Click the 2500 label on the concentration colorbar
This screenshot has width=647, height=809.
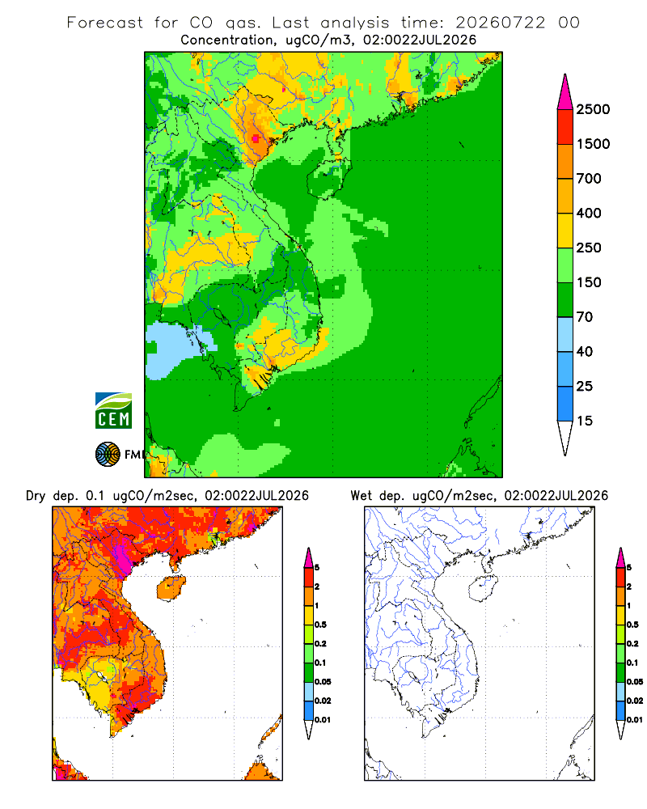pos(593,109)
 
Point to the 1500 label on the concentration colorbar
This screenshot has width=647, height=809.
pos(593,144)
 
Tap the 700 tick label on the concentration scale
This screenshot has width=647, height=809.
pos(589,179)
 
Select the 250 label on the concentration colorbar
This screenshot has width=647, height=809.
pos(589,248)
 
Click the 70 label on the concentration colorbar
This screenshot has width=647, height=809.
pos(585,317)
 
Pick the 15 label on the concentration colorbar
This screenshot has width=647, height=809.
pos(585,421)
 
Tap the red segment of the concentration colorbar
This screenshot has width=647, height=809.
pos(565,127)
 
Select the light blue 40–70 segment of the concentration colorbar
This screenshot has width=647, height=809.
pos(565,334)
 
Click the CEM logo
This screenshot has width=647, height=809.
pos(113,411)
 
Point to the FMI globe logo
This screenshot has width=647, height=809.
pos(108,455)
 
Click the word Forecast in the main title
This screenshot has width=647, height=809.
pos(105,23)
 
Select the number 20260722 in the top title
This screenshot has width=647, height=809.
pos(500,23)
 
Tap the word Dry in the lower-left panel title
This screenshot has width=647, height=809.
pos(36,496)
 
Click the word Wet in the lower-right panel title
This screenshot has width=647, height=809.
pos(362,496)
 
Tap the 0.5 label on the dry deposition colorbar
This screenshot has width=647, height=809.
pos(320,625)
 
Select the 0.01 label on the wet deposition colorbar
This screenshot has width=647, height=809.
pos(635,720)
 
